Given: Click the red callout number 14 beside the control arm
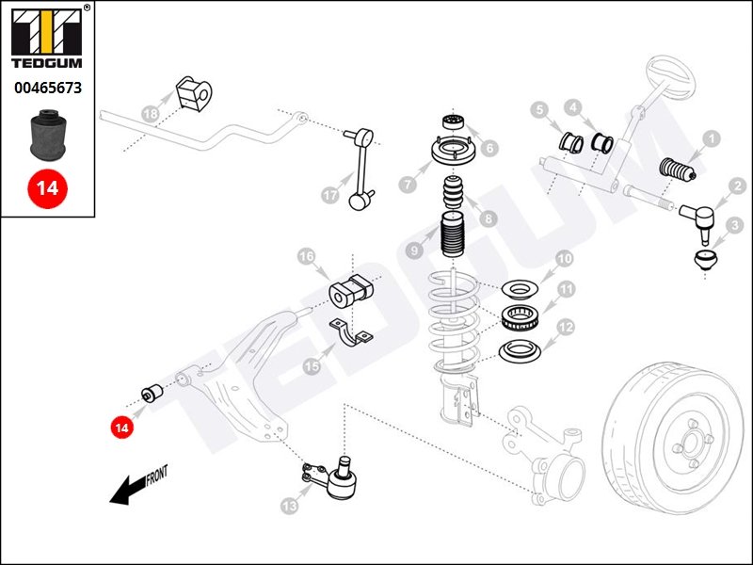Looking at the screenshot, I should tap(120, 428).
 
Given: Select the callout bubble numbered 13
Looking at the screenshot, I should tap(288, 506).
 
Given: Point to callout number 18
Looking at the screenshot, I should tap(150, 114).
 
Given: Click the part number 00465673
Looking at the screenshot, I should tap(47, 88).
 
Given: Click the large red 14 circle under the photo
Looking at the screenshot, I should tap(47, 187).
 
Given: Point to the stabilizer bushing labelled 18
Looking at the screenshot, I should tap(193, 92).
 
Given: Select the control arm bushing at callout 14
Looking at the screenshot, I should tap(151, 392).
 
